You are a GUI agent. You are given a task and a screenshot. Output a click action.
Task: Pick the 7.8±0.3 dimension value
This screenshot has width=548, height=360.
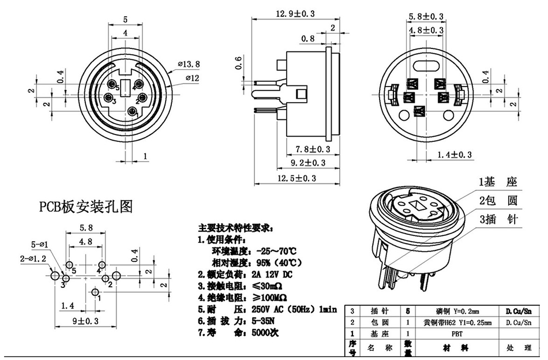pyautogui.click(x=313, y=149)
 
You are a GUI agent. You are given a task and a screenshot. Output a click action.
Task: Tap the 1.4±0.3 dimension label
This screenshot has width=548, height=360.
pyautogui.click(x=455, y=154)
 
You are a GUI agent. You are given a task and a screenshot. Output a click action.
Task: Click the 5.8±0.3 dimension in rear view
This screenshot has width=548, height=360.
pyautogui.click(x=426, y=17)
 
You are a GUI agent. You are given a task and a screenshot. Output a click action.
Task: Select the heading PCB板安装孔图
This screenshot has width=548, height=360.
pyautogui.click(x=86, y=207)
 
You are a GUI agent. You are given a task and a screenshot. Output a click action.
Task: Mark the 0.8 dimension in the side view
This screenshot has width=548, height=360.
pyautogui.click(x=307, y=39)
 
